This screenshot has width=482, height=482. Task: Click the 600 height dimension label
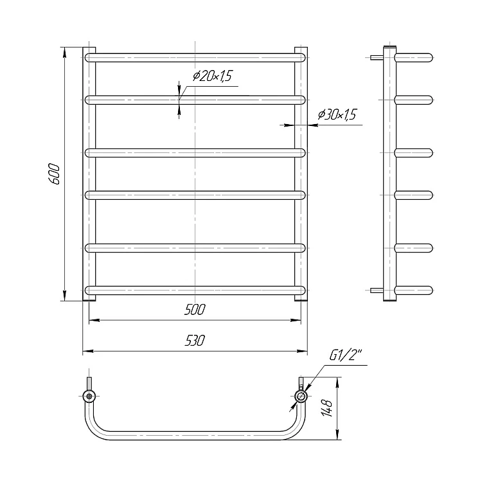(54, 174)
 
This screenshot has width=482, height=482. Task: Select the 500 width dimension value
(195, 310)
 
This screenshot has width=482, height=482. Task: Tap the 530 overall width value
(195, 341)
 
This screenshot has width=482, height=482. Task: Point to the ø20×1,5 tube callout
(213, 76)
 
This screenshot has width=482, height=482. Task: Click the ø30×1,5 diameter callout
(337, 114)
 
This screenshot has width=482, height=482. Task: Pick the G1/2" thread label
(345, 355)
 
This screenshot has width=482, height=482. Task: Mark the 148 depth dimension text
(327, 408)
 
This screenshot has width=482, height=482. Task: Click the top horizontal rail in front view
(195, 58)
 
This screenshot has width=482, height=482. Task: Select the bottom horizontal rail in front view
(195, 290)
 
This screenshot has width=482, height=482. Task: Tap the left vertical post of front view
(89, 174)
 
